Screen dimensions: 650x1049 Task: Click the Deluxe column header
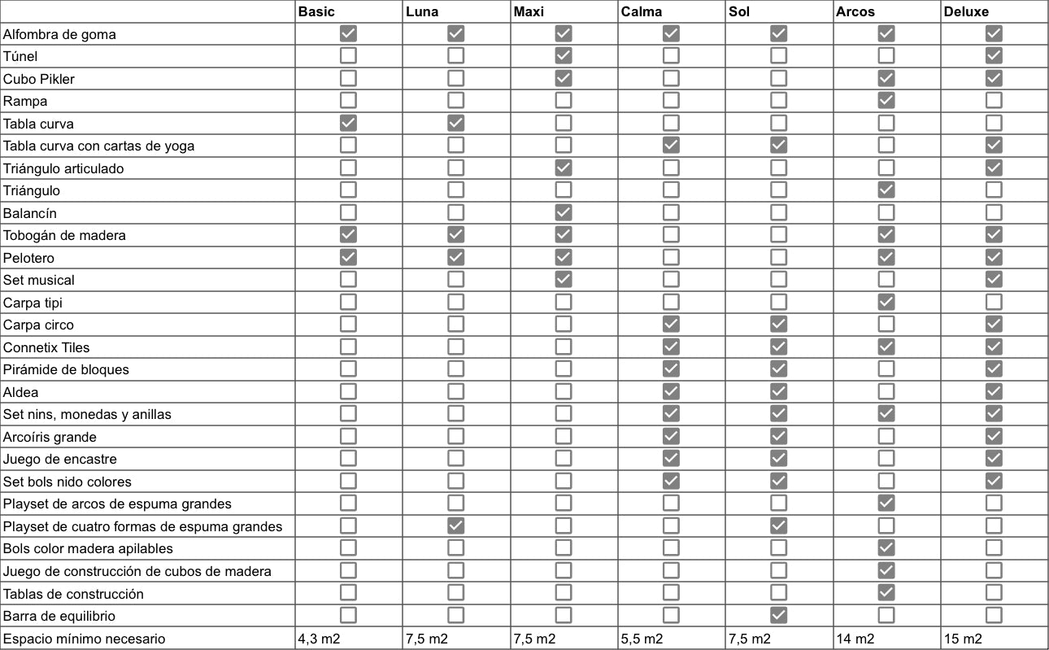pos(967,11)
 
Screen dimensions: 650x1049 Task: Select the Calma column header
pos(642,11)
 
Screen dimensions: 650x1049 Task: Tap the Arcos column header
pos(855,11)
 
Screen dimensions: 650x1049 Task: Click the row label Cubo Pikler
pos(39,79)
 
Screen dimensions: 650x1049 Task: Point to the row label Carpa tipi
pos(33,303)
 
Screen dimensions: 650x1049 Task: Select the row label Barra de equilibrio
pos(59,616)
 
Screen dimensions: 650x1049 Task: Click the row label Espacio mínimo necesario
pos(84,639)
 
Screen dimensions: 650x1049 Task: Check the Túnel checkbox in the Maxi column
pos(564,56)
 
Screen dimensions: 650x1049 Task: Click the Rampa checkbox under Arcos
pos(886,101)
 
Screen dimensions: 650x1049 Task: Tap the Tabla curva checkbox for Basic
pos(348,124)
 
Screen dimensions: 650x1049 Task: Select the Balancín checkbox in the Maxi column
pos(564,213)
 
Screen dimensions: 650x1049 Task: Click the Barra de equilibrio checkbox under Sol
pos(779,616)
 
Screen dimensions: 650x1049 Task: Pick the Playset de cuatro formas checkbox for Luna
pos(456,526)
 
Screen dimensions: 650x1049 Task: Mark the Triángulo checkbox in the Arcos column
pos(886,190)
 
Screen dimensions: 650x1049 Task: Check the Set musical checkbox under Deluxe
pos(994,280)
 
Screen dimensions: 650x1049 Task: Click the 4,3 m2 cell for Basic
pos(319,639)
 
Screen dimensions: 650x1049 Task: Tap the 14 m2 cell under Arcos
pos(855,639)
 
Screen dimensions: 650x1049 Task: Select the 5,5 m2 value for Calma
pos(642,639)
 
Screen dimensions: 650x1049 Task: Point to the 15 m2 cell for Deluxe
pos(963,639)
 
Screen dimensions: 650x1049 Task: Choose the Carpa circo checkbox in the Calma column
pos(672,325)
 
